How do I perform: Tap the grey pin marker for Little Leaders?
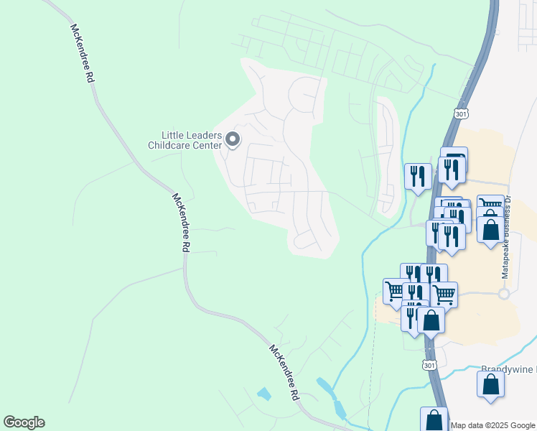click(x=232, y=139)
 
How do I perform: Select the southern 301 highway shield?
click(x=429, y=366)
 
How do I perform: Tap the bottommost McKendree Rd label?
click(x=284, y=372)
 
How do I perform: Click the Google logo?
click(x=24, y=422)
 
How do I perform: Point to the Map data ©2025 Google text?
click(x=493, y=425)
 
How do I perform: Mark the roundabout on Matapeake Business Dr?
click(x=504, y=294)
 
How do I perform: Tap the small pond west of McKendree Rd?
click(x=264, y=394)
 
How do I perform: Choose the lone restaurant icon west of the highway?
click(x=418, y=176)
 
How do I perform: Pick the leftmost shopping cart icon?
click(x=396, y=291)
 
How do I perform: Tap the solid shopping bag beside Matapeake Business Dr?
click(x=490, y=230)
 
